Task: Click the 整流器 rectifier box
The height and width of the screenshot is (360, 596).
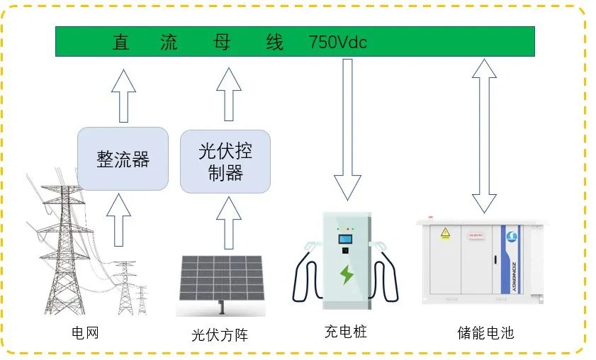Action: click(123, 159)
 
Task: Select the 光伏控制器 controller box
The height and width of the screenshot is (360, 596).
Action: click(225, 162)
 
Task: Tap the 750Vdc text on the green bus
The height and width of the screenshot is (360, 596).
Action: click(338, 43)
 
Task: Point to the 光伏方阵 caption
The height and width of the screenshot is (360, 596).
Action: click(220, 334)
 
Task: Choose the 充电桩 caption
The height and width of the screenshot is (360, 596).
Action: click(346, 331)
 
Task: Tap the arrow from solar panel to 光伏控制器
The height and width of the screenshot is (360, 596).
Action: click(228, 223)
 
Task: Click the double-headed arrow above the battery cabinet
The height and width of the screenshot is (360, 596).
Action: click(485, 135)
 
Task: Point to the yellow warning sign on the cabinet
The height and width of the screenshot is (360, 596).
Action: click(445, 232)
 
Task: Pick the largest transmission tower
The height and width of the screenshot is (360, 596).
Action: click(65, 248)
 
